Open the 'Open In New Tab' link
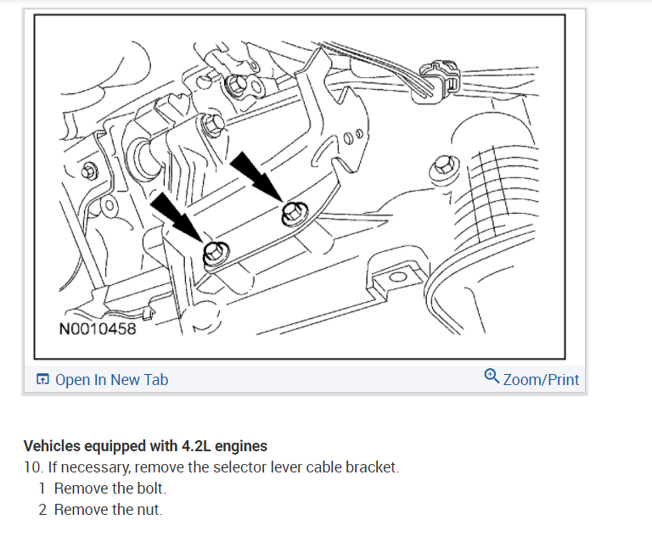[111, 380]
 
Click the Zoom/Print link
[541, 379]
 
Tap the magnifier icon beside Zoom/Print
[492, 376]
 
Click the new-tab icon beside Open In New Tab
[43, 380]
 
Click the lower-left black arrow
[176, 217]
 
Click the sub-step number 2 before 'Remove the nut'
[42, 510]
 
